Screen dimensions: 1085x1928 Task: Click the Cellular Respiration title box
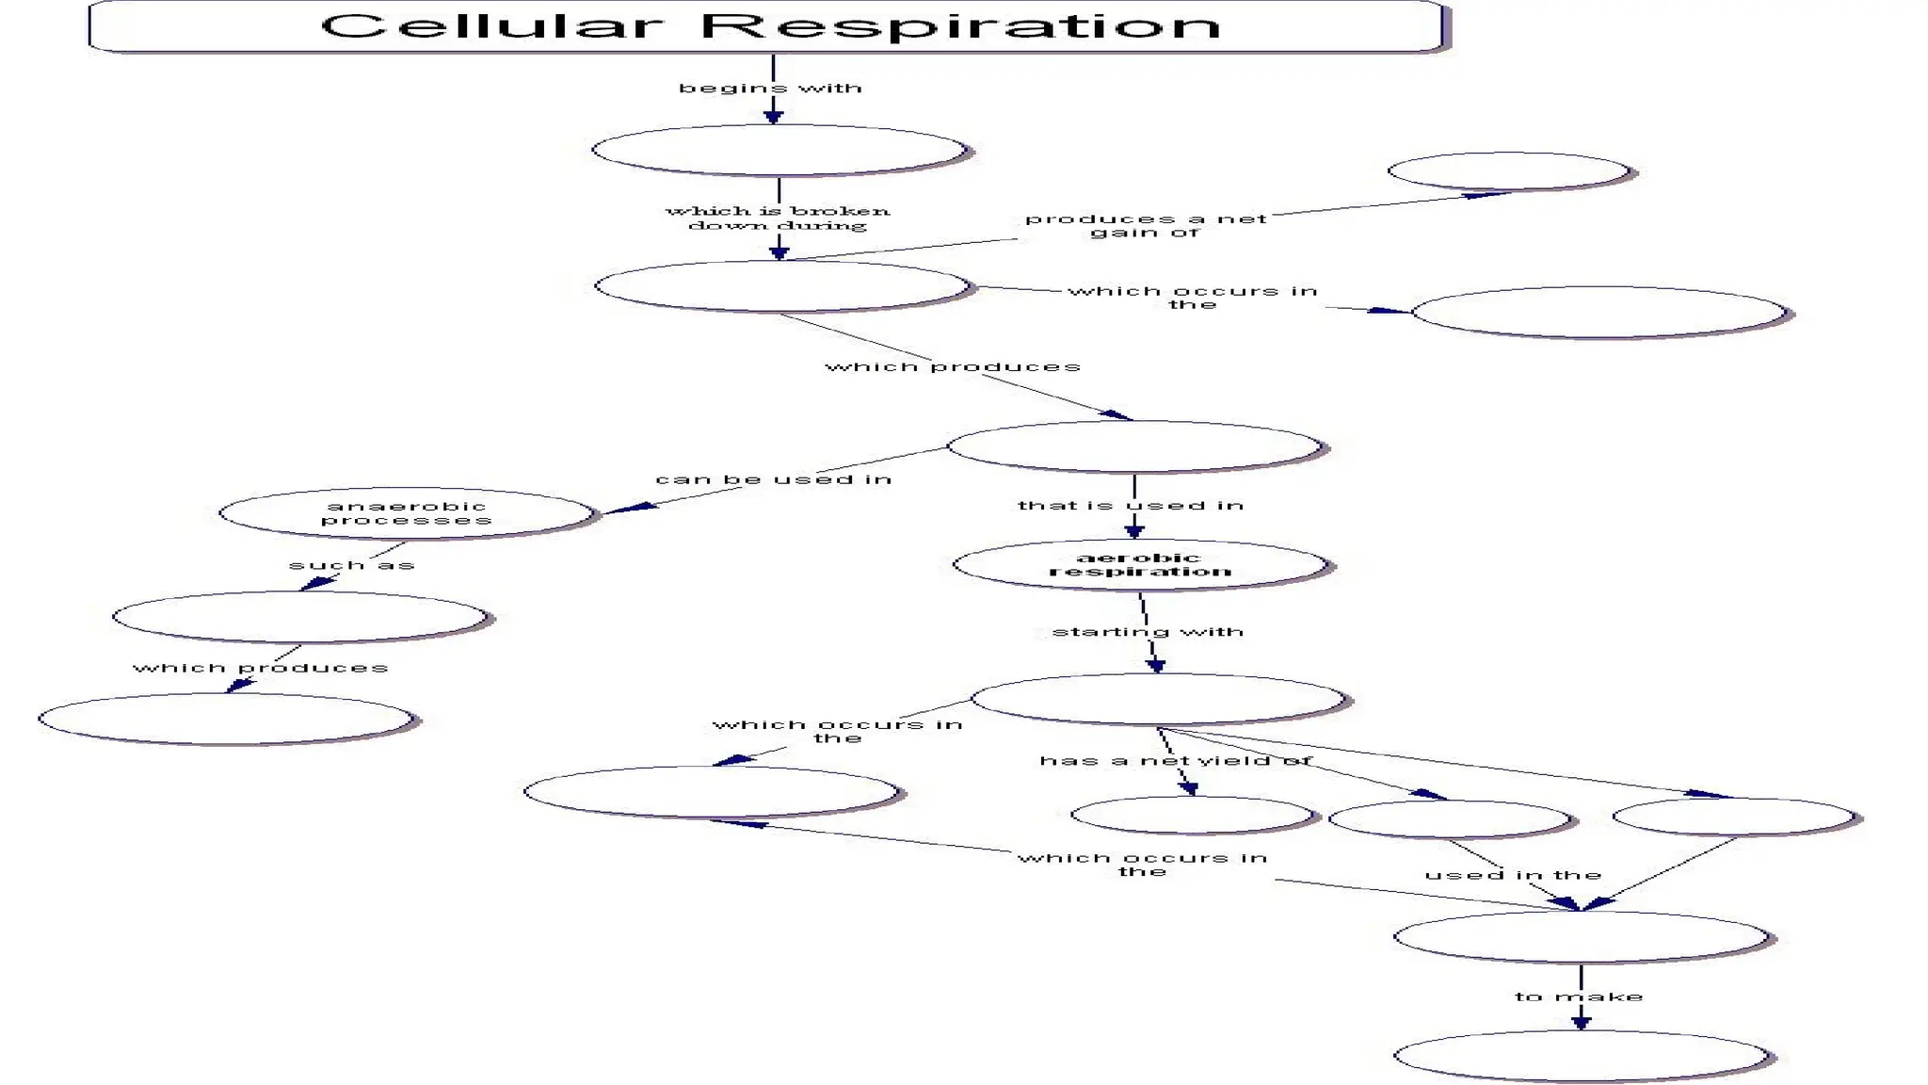pyautogui.click(x=767, y=25)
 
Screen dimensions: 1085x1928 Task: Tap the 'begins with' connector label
pyautogui.click(x=770, y=89)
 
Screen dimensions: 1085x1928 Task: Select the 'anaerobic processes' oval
pyautogui.click(x=406, y=513)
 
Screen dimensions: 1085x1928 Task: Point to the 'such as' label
pyautogui.click(x=351, y=565)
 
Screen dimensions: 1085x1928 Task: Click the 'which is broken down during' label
pyautogui.click(x=778, y=218)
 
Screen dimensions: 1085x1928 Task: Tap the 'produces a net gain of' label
pyautogui.click(x=1145, y=225)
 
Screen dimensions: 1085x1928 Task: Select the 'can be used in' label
pyautogui.click(x=773, y=479)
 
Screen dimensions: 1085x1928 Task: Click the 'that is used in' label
pyautogui.click(x=1131, y=506)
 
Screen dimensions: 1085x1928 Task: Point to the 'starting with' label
pyautogui.click(x=1148, y=632)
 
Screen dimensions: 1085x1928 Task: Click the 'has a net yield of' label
pyautogui.click(x=1175, y=761)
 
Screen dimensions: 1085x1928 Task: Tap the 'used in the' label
pyautogui.click(x=1513, y=875)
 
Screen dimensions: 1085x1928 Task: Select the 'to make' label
pyautogui.click(x=1579, y=996)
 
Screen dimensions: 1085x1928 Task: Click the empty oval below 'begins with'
pyautogui.click(x=779, y=150)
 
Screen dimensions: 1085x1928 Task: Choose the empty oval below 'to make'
pyautogui.click(x=1581, y=1056)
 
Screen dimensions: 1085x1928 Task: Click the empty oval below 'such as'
pyautogui.click(x=299, y=617)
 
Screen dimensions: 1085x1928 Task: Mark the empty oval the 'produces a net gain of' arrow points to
pyautogui.click(x=1508, y=171)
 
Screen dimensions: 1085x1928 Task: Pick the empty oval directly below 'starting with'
pyautogui.click(x=1158, y=699)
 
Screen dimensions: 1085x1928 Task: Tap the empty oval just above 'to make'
pyautogui.click(x=1581, y=937)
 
